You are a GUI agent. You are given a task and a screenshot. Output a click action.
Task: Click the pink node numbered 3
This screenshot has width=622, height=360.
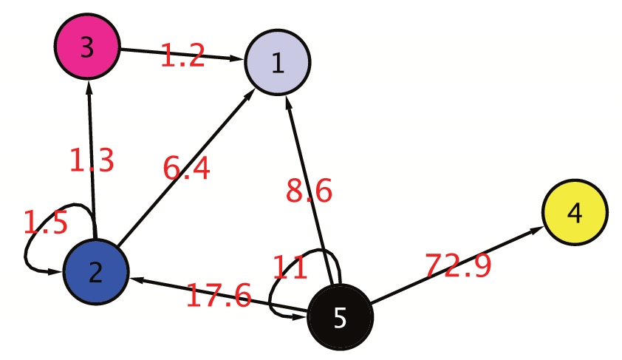point(87,48)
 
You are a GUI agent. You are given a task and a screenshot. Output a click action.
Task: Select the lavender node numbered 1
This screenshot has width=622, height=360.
point(278,64)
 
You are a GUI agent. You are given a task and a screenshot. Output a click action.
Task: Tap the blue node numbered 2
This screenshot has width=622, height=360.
point(96,272)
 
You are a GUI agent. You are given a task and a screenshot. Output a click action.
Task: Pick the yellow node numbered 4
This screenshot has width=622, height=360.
point(575,213)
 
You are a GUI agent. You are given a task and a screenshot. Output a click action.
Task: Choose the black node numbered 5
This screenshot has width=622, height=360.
point(340,317)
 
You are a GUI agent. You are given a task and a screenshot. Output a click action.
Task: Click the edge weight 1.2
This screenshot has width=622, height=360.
point(182,57)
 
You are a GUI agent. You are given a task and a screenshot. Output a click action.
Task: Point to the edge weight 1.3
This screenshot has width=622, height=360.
point(92,160)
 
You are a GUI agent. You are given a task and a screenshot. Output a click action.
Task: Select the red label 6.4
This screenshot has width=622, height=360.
point(187,169)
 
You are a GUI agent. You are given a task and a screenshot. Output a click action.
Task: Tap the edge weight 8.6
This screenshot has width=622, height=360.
point(310,191)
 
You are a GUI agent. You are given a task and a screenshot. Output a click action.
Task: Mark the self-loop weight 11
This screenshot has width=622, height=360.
point(290,268)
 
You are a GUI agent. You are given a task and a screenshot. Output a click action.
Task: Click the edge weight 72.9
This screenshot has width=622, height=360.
point(458,265)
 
